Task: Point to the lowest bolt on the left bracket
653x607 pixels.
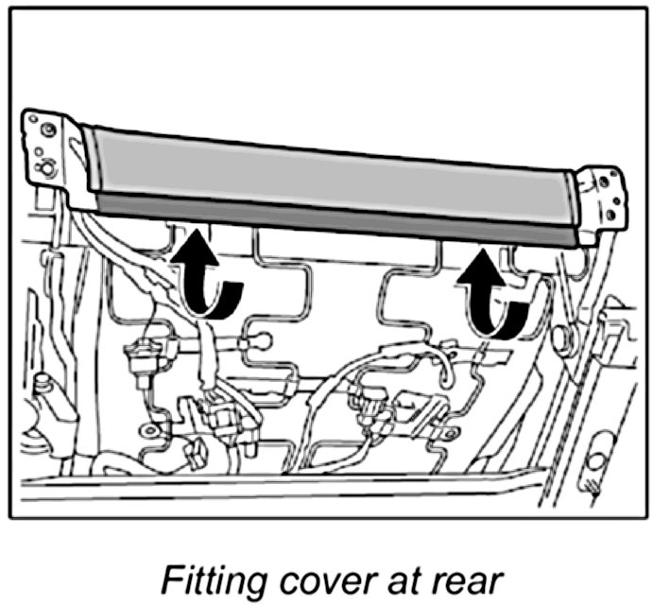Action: tap(44, 170)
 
